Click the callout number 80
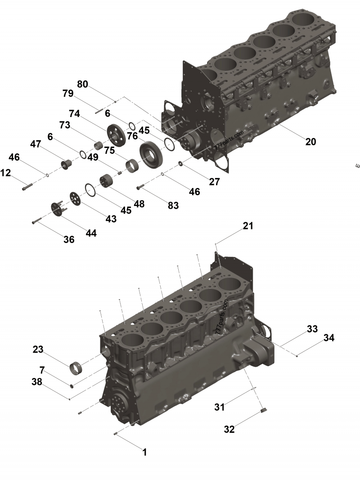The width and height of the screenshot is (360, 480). (82, 84)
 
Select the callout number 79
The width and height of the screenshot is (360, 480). (68, 94)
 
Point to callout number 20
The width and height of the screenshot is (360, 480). (310, 142)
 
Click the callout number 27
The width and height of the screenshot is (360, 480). (214, 181)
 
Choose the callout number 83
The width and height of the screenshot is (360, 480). (173, 206)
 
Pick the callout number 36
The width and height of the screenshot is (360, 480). (69, 239)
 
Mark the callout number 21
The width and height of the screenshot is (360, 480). (248, 226)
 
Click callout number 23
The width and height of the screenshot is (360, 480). (38, 349)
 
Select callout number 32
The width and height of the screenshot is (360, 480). (229, 430)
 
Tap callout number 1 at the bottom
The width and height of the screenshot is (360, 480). (145, 453)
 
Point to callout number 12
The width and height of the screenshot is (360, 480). (5, 172)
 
